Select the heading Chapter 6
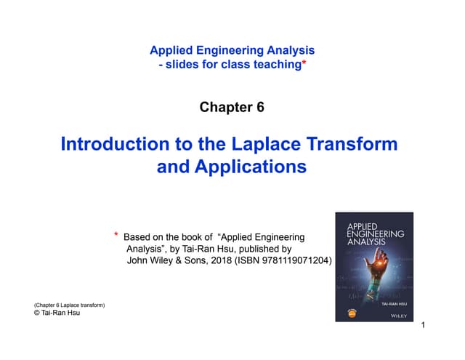(232, 108)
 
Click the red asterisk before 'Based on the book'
(116, 235)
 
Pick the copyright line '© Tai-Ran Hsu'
(57, 313)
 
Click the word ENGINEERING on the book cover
(376, 235)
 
